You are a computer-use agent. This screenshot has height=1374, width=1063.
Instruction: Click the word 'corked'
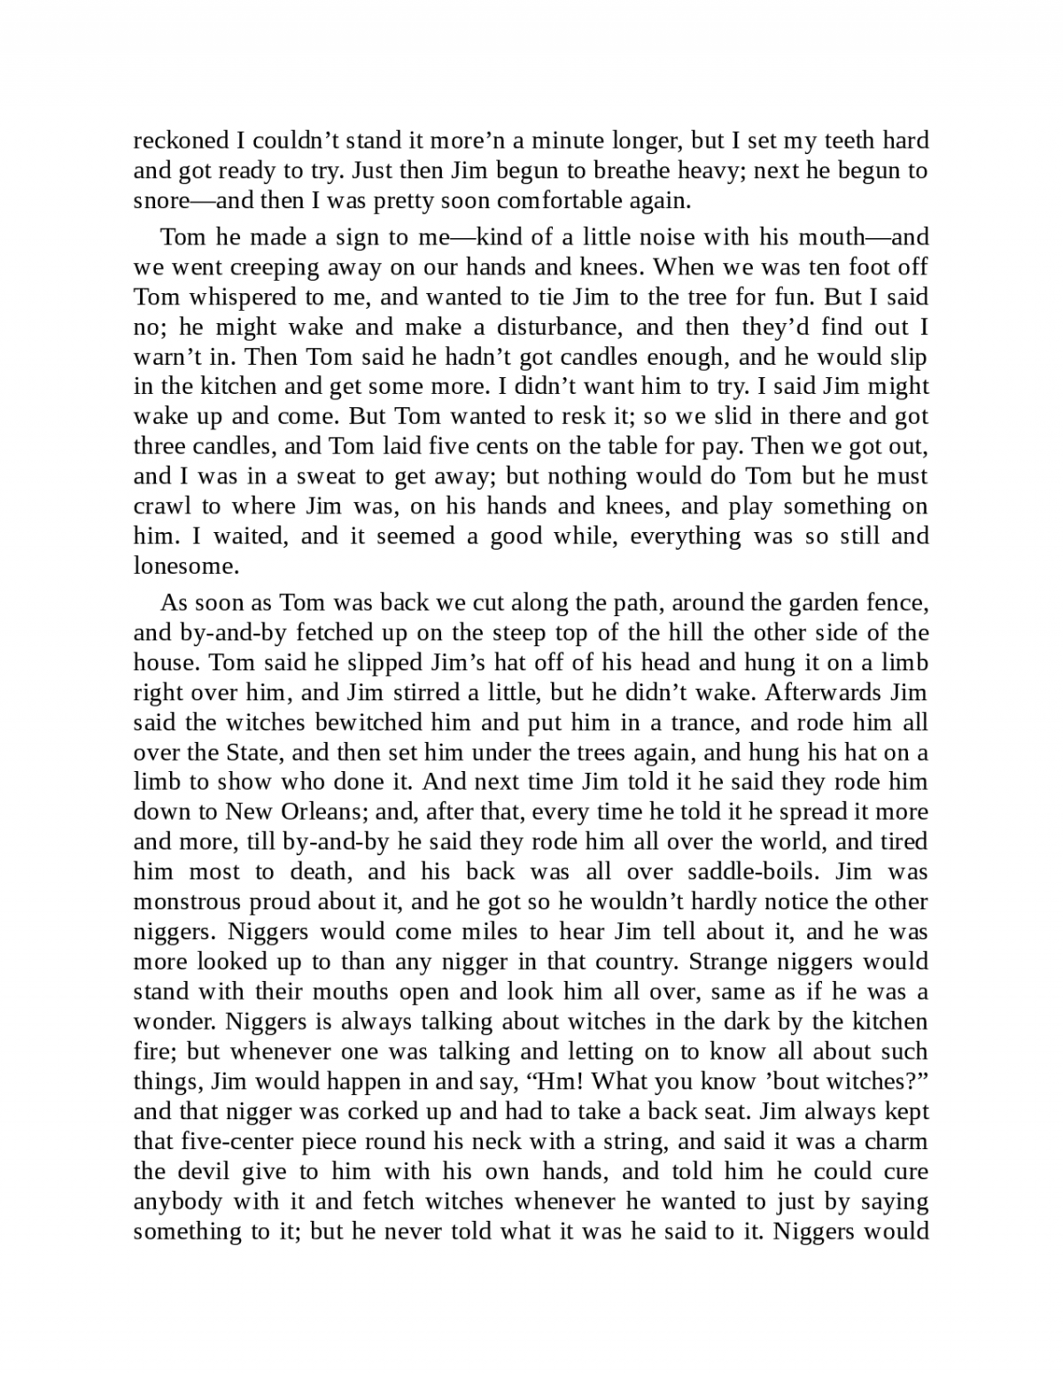(x=376, y=1112)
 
